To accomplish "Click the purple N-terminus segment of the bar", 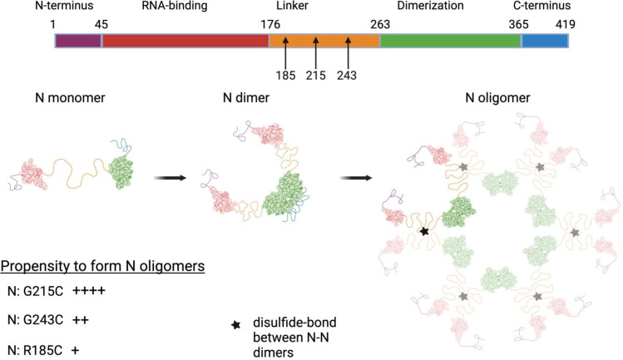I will coord(78,40).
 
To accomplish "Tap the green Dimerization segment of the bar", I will coord(450,40).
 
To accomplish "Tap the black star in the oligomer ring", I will coord(425,231).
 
